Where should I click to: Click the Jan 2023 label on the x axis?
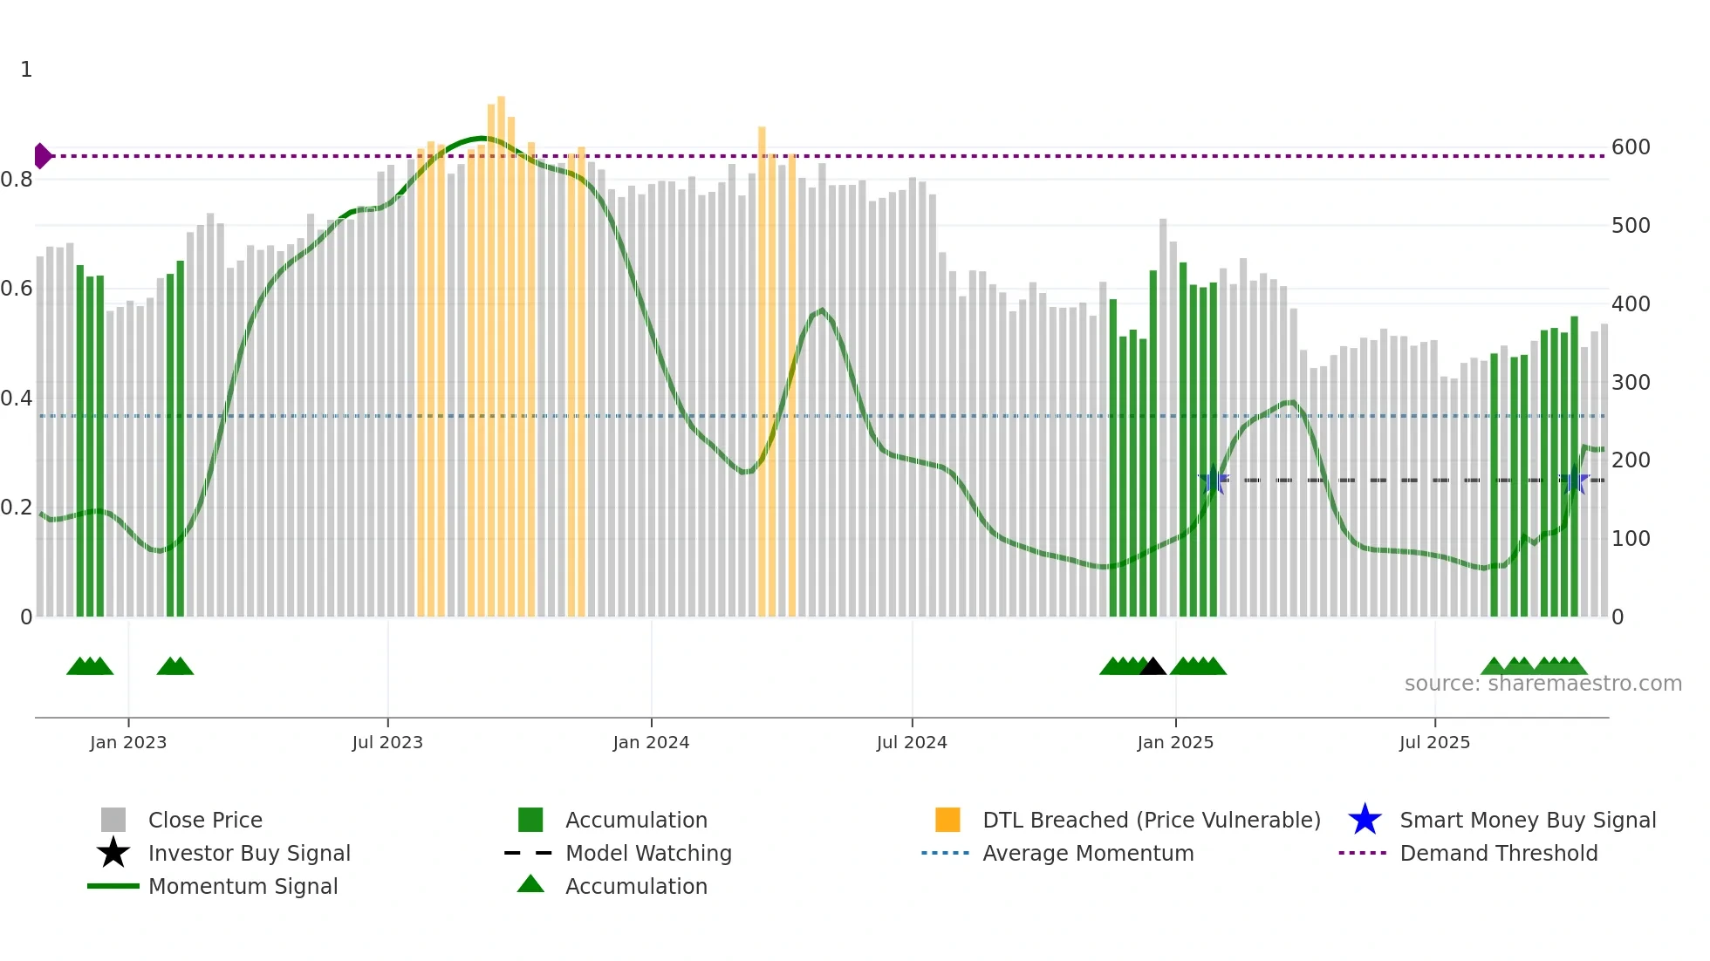click(x=128, y=742)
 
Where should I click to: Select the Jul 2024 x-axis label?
click(x=912, y=742)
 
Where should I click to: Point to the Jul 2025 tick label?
click(x=1434, y=742)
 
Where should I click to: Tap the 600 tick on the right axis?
click(x=1631, y=147)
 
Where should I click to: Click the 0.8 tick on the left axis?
click(x=17, y=180)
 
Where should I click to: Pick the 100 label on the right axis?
click(x=1631, y=539)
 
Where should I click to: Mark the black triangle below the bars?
click(x=1153, y=667)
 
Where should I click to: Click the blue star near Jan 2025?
click(x=1214, y=480)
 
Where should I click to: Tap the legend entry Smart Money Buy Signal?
click(x=1527, y=820)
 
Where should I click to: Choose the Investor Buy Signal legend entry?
click(x=249, y=853)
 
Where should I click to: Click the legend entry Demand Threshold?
click(x=1498, y=853)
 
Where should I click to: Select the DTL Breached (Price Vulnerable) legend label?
click(x=1151, y=820)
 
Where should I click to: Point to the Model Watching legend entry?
click(x=647, y=853)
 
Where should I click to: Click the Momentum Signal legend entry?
click(x=243, y=886)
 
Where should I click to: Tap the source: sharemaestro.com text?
click(x=1542, y=684)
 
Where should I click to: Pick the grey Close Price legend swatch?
click(x=113, y=820)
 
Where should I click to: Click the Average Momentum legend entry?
click(x=1087, y=853)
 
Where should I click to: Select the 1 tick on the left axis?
click(x=26, y=70)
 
